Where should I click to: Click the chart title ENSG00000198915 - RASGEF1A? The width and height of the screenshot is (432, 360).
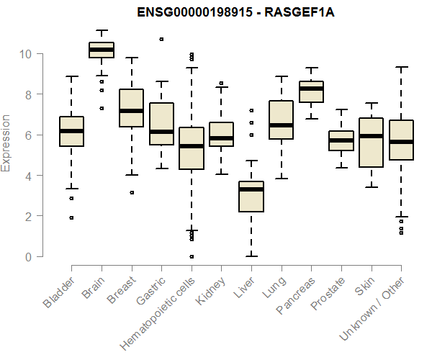click(x=215, y=13)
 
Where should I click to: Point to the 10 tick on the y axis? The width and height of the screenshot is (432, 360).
click(x=25, y=54)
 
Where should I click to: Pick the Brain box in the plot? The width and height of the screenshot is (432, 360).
click(x=102, y=50)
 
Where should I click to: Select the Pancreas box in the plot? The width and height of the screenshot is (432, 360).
click(x=311, y=91)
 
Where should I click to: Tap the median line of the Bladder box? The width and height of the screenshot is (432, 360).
click(x=71, y=131)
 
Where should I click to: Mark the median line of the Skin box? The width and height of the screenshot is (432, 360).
click(x=371, y=136)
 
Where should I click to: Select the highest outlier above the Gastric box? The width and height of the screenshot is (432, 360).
click(x=161, y=39)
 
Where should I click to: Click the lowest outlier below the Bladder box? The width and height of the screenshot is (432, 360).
click(x=71, y=217)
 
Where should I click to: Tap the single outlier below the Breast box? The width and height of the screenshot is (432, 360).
click(x=131, y=192)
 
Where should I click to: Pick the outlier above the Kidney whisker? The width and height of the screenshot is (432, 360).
click(x=221, y=83)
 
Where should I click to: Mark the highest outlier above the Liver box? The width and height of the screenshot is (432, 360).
click(x=251, y=110)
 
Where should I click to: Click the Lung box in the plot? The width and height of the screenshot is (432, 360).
click(x=281, y=120)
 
